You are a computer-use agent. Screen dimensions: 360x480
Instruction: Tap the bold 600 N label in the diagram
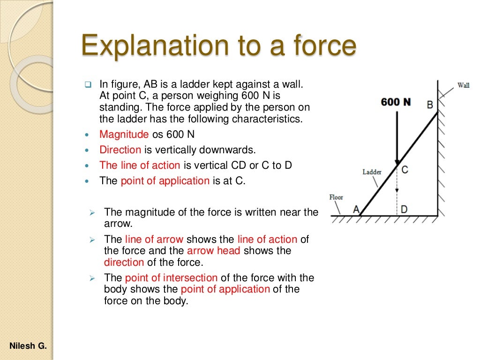coord(396,102)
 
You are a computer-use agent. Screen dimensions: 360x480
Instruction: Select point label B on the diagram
coord(429,105)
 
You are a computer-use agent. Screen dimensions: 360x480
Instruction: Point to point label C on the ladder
coord(405,170)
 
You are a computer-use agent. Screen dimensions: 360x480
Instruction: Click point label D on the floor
coord(404,209)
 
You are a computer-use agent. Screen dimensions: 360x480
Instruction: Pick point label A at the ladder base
coord(356,209)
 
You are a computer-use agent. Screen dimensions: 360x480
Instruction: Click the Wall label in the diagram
coord(463,85)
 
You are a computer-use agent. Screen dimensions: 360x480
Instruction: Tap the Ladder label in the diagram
coord(372,172)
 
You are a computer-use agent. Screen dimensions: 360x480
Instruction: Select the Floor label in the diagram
coord(336,197)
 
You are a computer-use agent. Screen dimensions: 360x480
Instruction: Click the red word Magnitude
coord(124,135)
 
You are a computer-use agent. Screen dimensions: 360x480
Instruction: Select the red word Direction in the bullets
coord(120,150)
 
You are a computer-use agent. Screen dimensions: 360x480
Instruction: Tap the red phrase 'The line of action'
coord(140,165)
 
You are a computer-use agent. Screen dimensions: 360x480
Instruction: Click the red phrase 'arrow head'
coord(213,251)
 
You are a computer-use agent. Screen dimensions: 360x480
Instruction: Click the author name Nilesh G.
coord(28,346)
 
